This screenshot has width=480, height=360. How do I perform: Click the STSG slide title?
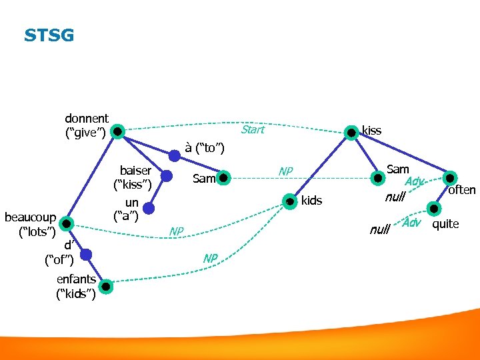click(49, 35)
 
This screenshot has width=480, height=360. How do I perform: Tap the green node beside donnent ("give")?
click(117, 131)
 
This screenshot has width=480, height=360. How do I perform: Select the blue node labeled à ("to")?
click(174, 155)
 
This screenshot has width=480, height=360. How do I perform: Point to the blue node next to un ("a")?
click(148, 209)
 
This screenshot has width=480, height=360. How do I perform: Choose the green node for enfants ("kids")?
click(105, 287)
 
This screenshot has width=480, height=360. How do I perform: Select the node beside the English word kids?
click(290, 200)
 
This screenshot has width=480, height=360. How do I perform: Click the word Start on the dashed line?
click(253, 130)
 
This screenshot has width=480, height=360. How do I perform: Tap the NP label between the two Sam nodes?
click(286, 171)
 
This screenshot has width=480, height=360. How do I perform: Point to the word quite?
click(445, 224)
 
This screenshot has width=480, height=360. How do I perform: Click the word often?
click(462, 190)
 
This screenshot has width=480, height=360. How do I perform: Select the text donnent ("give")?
click(86, 125)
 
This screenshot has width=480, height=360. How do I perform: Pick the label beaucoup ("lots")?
click(30, 224)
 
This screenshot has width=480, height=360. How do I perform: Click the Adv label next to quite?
click(412, 223)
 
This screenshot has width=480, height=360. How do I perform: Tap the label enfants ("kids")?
click(76, 287)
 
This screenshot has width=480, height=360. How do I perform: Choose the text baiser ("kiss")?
click(135, 177)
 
